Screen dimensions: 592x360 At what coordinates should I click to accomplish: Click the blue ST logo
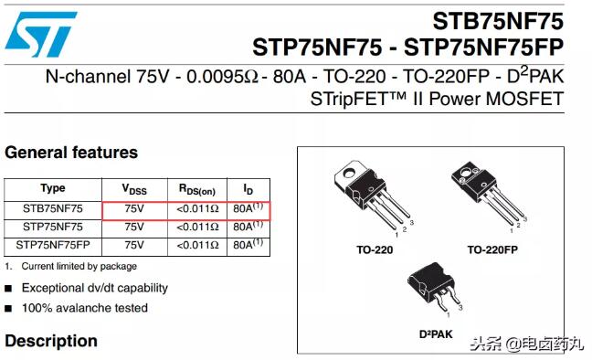click(41, 34)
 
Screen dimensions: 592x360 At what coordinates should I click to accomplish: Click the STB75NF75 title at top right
click(498, 21)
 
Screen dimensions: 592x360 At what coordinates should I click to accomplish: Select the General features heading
click(71, 153)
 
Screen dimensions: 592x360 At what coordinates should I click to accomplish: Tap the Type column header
click(53, 188)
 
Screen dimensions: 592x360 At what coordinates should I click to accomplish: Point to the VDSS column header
click(134, 189)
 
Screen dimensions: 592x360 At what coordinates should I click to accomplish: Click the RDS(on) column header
click(197, 189)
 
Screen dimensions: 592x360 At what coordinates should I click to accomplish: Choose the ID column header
click(248, 189)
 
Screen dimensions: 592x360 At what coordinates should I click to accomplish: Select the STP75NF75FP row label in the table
click(53, 245)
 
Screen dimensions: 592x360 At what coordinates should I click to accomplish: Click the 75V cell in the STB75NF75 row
click(134, 208)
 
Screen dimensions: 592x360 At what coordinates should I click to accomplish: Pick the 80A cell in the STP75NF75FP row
click(248, 244)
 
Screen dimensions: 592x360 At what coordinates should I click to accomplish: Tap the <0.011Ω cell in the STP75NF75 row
click(197, 227)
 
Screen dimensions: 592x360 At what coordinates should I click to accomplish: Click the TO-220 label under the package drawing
click(375, 249)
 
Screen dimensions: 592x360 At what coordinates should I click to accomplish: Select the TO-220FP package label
click(492, 249)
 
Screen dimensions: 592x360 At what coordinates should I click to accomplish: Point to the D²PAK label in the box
click(436, 334)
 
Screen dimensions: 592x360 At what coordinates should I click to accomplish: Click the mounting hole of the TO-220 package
click(350, 173)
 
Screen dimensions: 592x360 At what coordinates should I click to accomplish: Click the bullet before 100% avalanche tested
click(8, 309)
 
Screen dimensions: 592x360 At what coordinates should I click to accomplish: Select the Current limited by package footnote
click(79, 266)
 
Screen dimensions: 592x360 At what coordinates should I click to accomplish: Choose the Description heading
click(51, 341)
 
